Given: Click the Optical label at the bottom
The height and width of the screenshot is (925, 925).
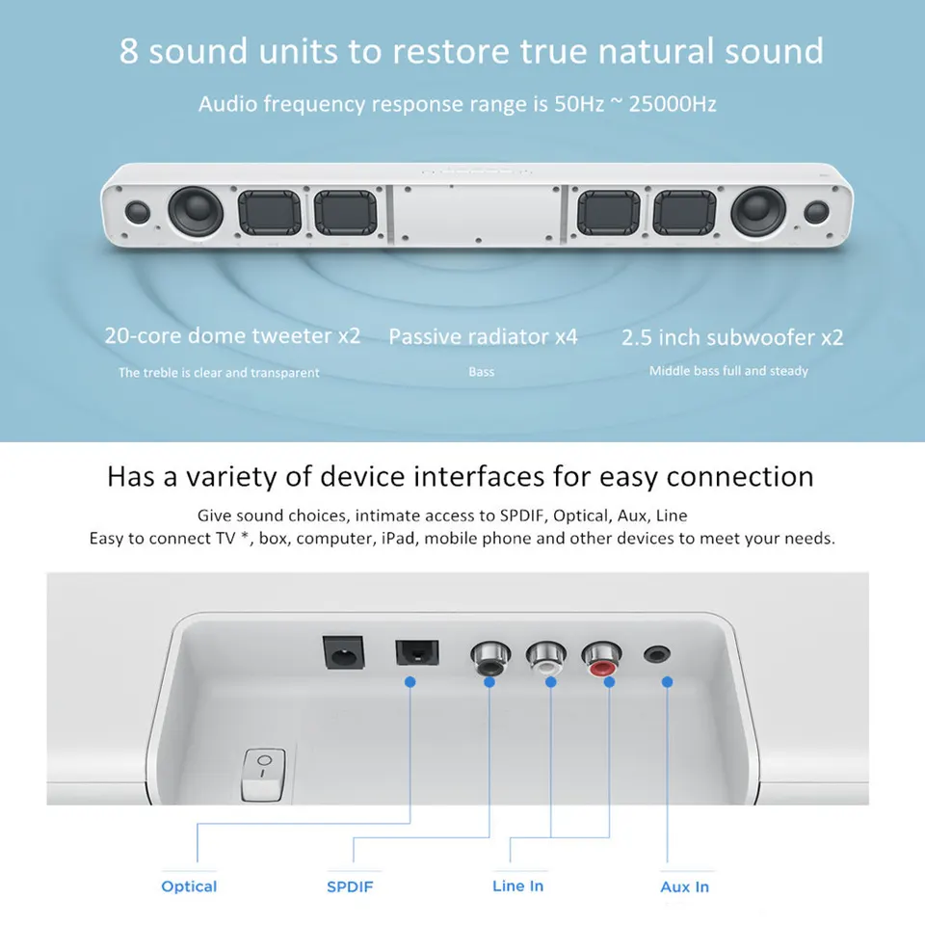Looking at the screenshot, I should pos(189,886).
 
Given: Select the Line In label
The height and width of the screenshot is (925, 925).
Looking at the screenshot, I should pos(517,885).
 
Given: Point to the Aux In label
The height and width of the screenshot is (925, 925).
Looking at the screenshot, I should pos(684,886).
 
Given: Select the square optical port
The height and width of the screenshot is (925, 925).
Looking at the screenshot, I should pos(416,655).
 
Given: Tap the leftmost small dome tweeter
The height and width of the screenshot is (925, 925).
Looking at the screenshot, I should pos(137,212).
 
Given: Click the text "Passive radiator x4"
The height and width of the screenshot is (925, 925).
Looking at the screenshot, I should pos(483,336).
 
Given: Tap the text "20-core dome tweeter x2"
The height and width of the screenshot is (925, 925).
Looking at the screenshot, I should pos(232,335).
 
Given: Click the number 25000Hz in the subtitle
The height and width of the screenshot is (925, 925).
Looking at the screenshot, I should pos(672,104).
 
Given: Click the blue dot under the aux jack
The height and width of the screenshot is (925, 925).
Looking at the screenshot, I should pos(666,682).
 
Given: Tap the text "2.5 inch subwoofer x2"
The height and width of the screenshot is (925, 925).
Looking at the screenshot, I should pos(732,337).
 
